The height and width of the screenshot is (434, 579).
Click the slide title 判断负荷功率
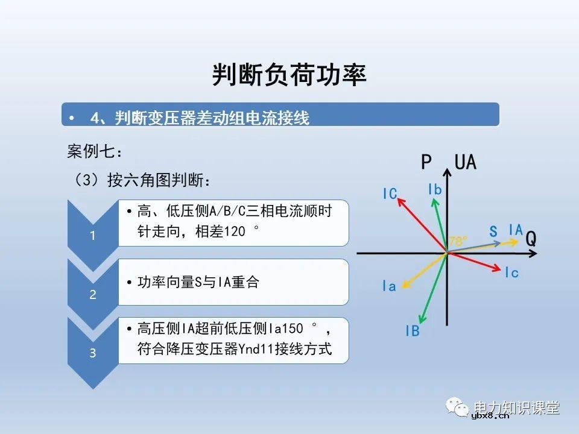coord(289,75)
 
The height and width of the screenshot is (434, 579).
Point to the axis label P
coord(426,162)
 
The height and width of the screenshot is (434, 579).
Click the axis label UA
coord(465,162)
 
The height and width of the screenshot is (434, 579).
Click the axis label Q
coord(531,239)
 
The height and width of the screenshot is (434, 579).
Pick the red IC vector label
coord(390,193)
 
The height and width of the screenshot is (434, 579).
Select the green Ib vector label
coord(434,190)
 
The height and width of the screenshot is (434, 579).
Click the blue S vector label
coord(493,231)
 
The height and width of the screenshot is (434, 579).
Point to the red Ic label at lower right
coord(511,272)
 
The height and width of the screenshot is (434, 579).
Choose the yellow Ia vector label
coord(389,286)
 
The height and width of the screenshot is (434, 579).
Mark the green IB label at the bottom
coord(412,331)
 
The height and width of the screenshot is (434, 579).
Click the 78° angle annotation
coord(458,241)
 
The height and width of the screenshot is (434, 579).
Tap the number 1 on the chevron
coord(92,236)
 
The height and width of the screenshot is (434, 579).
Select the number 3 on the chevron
coord(92,353)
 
